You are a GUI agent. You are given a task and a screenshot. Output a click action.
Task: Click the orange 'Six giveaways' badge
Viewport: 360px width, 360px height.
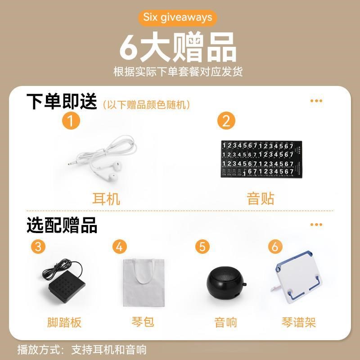pos(178,18)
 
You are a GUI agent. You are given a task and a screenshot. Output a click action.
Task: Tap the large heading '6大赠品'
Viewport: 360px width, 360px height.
pos(178,48)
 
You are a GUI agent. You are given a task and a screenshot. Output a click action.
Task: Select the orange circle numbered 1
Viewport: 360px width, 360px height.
pos(71,121)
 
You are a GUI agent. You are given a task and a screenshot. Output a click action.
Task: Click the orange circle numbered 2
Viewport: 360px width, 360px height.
pos(226,121)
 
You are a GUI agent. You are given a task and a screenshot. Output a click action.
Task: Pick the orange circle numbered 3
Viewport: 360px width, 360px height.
pos(38,247)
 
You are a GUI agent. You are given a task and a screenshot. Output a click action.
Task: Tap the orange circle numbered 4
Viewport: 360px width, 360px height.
pos(119,247)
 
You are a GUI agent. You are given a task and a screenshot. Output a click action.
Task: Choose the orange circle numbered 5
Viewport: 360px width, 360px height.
pos(202,247)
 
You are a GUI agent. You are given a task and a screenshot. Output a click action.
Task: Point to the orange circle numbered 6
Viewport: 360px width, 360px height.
pos(275,247)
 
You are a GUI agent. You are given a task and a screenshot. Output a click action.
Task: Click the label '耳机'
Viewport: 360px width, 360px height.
pos(106,198)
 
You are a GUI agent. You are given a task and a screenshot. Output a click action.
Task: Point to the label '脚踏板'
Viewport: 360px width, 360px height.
pos(64,322)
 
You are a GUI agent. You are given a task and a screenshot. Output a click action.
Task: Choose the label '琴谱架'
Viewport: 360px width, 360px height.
pos(299,322)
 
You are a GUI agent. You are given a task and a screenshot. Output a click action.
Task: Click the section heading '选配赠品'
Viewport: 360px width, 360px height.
pos(62,225)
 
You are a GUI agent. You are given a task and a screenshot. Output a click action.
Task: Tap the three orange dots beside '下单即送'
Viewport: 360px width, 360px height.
pos(316,101)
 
